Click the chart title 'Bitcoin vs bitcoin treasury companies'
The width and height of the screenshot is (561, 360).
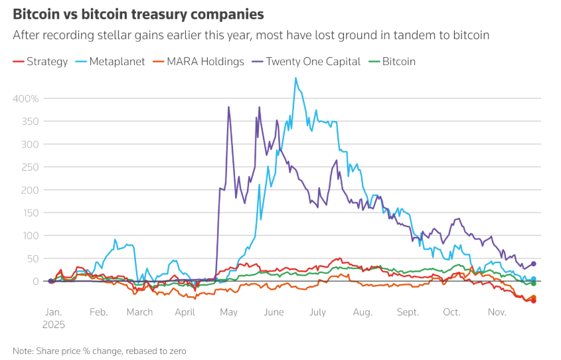(x=138, y=14)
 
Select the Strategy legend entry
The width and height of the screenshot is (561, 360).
(x=41, y=62)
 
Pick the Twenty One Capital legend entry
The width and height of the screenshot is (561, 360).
(x=307, y=62)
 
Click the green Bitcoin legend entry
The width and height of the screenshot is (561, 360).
(x=393, y=62)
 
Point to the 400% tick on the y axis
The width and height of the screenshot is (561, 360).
(x=26, y=98)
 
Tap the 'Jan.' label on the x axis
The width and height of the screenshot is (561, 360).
(x=53, y=312)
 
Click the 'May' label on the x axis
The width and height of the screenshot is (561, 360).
(x=228, y=312)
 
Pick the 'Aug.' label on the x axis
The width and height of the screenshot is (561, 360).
(x=362, y=312)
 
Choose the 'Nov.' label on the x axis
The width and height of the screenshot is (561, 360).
(x=497, y=312)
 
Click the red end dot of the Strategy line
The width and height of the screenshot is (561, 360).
(x=534, y=301)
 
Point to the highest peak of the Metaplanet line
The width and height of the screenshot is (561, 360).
(x=295, y=78)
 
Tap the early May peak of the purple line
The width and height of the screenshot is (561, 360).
(x=229, y=107)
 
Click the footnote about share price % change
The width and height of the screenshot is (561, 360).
(x=99, y=350)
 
